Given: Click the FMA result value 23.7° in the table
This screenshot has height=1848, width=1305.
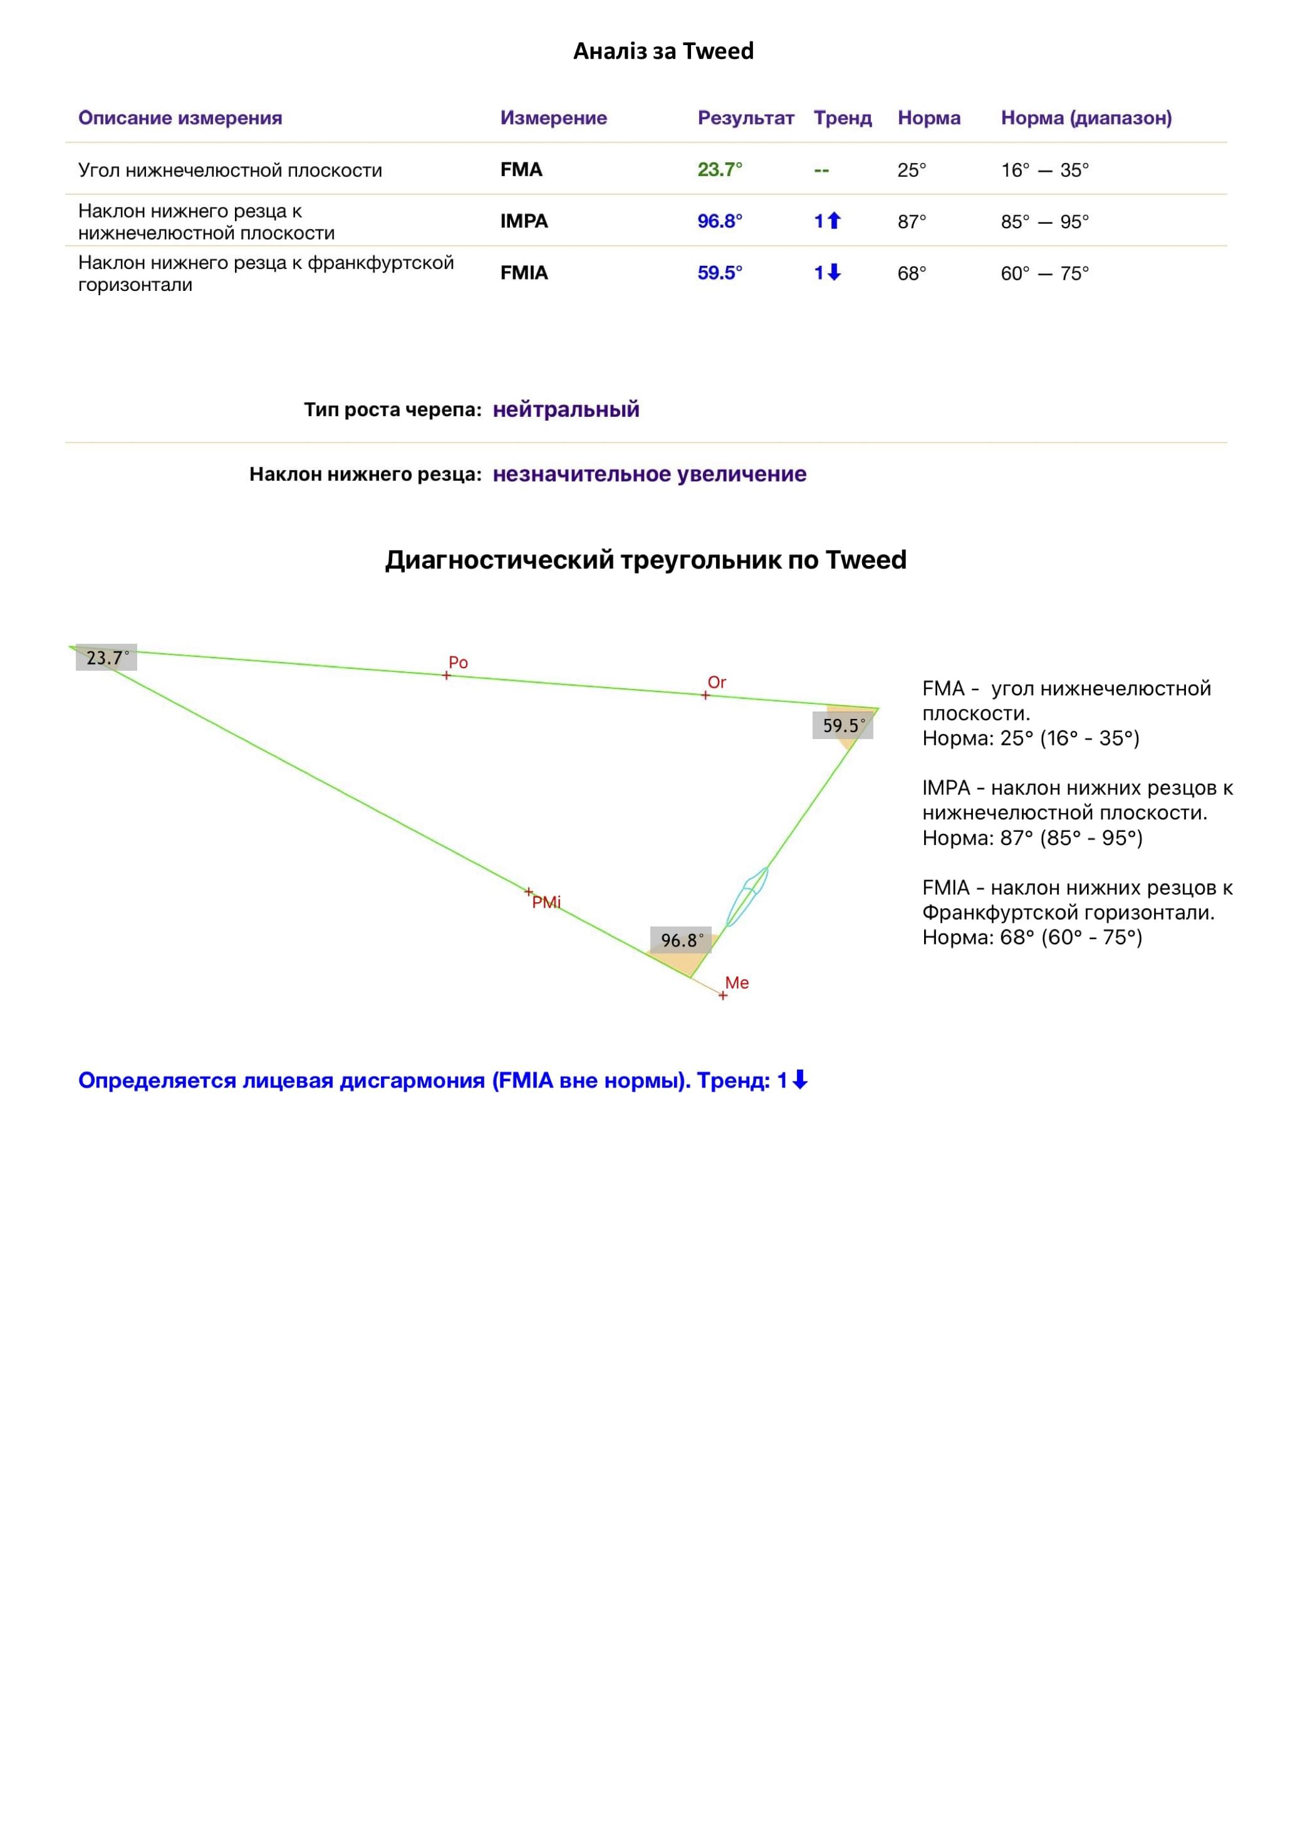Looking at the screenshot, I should (x=719, y=170).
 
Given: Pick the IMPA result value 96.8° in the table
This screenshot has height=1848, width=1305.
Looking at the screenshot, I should (x=719, y=221).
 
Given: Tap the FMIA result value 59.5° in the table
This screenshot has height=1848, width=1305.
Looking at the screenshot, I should (x=719, y=273).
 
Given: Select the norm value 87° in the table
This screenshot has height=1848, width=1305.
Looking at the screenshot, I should (x=911, y=221).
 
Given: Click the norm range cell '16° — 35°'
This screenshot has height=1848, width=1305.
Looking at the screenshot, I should (x=1044, y=170).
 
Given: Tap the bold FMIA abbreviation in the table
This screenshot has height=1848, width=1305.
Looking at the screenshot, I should (x=524, y=273).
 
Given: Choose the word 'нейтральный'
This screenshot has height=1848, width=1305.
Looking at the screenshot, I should (x=566, y=410).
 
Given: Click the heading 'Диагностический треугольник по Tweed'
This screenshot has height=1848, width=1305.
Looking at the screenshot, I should (x=645, y=559).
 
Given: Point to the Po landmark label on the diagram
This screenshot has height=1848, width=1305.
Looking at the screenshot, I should (x=458, y=663).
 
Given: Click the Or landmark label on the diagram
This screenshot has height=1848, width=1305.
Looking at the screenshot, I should (x=716, y=683).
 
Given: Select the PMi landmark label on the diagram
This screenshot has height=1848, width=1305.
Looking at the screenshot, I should (x=546, y=902).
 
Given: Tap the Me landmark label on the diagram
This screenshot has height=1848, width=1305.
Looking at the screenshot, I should (x=736, y=983).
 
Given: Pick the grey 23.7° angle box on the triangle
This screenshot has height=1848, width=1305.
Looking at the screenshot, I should (x=107, y=658).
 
